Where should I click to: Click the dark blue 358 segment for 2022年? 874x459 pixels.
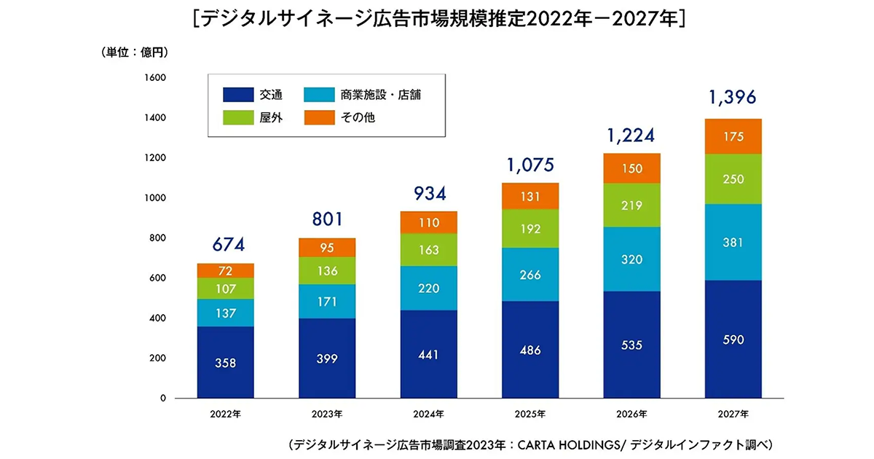click(225, 362)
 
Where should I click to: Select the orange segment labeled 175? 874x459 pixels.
click(733, 136)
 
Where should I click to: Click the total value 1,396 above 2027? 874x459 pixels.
click(732, 97)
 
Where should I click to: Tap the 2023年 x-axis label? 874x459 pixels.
click(327, 414)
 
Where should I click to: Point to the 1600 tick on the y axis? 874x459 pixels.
click(157, 77)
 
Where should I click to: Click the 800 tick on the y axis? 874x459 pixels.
click(160, 238)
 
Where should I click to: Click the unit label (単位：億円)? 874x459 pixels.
click(135, 52)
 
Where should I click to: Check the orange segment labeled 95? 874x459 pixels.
click(327, 248)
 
